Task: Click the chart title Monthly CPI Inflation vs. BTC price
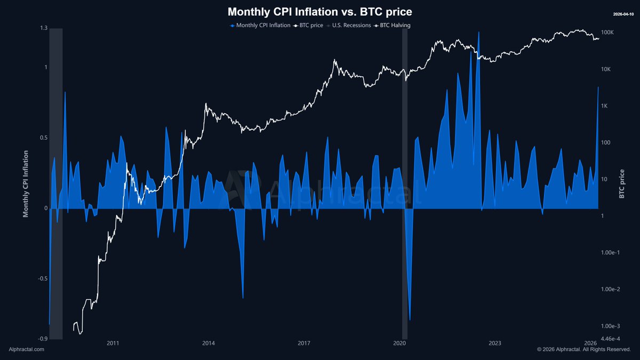tap(320, 11)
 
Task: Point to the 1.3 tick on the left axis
tap(43, 28)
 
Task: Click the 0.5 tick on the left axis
tap(43, 138)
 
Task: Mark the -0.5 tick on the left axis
tap(42, 279)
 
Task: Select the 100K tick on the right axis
tap(608, 33)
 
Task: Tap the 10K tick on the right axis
tap(606, 69)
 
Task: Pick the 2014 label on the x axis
tap(209, 343)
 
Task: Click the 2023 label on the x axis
tap(495, 343)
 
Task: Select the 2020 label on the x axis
tap(399, 343)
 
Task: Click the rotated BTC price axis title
tap(622, 184)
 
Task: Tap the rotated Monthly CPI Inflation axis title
tap(25, 184)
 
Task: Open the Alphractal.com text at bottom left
tap(27, 349)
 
